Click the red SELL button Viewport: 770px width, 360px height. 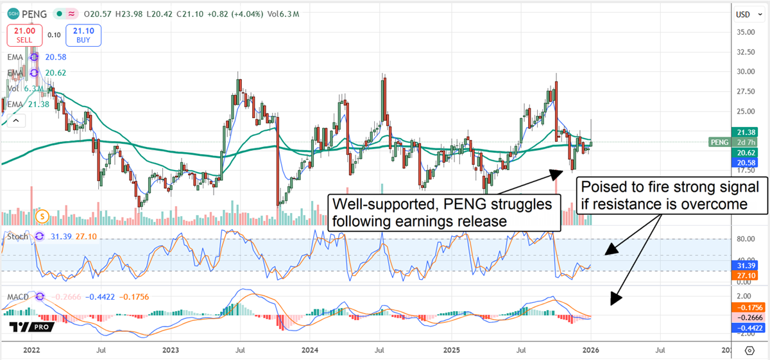(24, 35)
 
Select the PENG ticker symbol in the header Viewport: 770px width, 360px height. (35, 12)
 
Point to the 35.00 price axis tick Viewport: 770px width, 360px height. (744, 32)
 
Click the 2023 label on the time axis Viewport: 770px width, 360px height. (170, 350)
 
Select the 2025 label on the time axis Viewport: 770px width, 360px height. (452, 350)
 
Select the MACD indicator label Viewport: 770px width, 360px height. (20, 296)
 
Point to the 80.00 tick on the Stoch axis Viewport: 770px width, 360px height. (744, 239)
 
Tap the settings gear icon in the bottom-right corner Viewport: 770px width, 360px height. (749, 350)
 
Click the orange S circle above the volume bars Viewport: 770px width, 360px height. (43, 216)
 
